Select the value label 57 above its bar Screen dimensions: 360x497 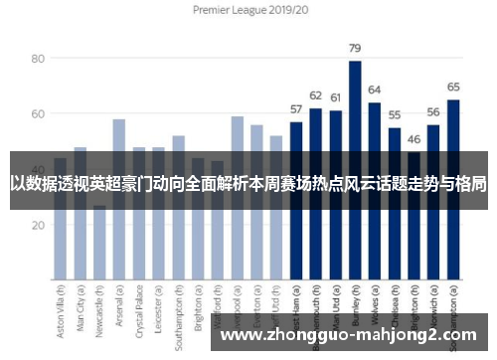coord(296,109)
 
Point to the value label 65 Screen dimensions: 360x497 coord(453,88)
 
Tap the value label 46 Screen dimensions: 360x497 coord(414,139)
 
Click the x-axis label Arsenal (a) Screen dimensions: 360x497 coord(119,309)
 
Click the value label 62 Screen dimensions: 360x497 coord(316,95)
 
